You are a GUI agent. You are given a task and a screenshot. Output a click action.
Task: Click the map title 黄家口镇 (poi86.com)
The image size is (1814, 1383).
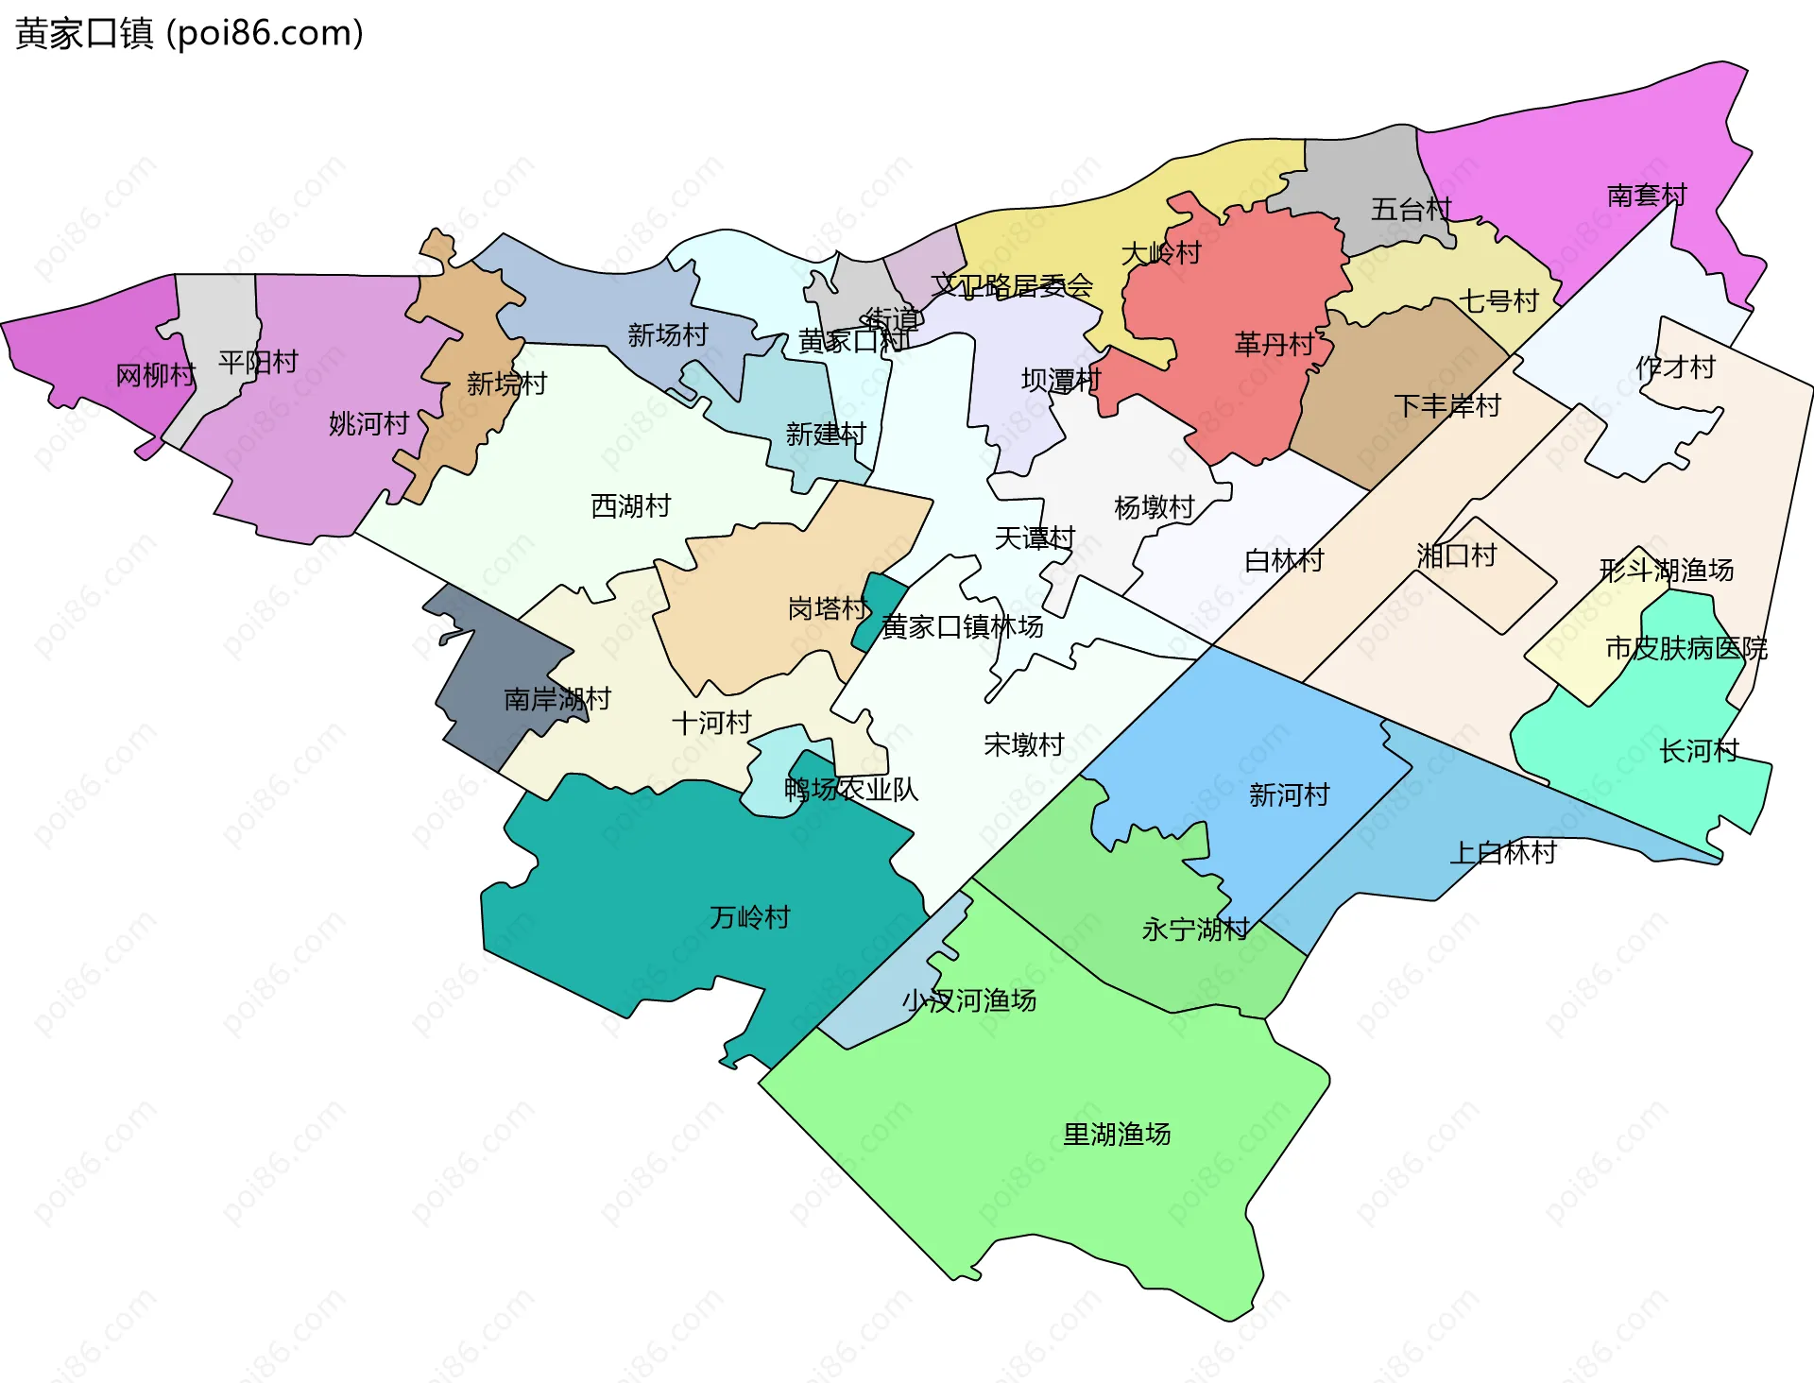coord(189,33)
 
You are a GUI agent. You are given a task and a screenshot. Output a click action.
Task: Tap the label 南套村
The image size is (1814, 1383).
coord(1647,196)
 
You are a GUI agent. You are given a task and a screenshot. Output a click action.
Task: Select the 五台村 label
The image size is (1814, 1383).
coord(1411,210)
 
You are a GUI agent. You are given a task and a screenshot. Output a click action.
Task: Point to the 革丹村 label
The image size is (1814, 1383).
coord(1275,344)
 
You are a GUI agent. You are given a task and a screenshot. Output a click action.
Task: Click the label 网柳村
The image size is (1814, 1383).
coord(155,376)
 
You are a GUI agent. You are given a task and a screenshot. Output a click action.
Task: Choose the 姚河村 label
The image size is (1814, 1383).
coord(368,423)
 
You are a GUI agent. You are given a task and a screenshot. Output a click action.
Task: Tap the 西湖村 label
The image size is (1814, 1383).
coord(630,506)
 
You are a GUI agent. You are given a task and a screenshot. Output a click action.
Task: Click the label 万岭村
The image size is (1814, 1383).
coord(749,917)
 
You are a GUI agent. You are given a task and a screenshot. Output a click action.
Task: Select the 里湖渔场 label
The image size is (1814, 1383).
coord(1117,1134)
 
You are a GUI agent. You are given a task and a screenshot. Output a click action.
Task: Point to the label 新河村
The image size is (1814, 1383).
coord(1289,794)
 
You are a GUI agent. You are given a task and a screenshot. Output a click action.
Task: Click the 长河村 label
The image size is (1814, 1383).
coord(1699,751)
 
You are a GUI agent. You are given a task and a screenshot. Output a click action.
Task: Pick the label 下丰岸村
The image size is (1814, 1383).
coord(1447,406)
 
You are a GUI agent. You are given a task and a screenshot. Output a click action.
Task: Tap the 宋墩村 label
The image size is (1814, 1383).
coord(1023,745)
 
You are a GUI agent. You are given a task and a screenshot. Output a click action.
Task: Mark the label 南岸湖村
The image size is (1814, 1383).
coord(557,699)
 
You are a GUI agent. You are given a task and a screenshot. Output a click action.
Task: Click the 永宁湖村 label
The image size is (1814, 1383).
coord(1195,930)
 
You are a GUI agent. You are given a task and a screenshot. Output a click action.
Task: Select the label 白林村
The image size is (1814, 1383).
coord(1284,561)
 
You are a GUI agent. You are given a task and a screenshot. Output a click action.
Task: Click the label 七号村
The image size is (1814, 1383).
coord(1499,301)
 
